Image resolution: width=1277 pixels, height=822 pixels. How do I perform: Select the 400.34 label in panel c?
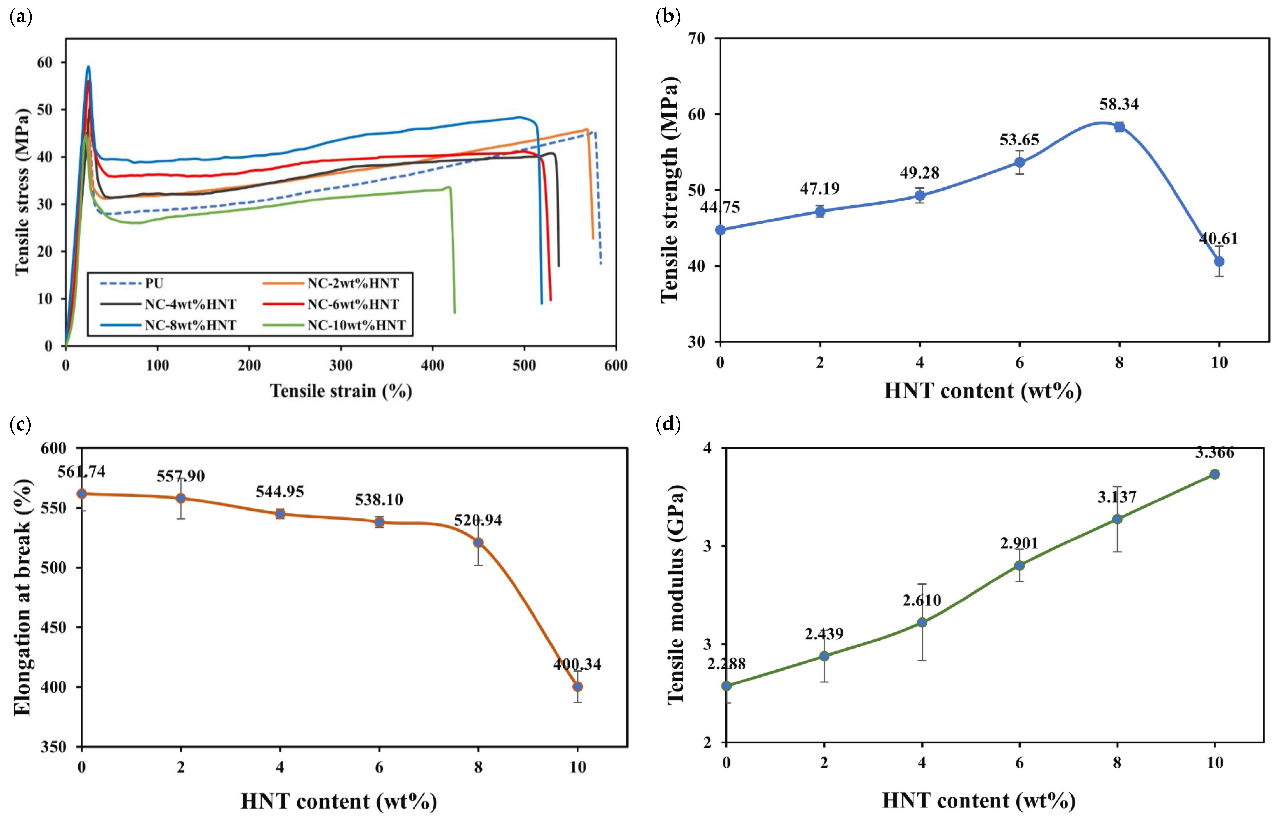click(577, 664)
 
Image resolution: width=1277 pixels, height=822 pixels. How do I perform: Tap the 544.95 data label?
click(280, 492)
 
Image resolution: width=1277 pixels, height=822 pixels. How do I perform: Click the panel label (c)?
click(21, 425)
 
